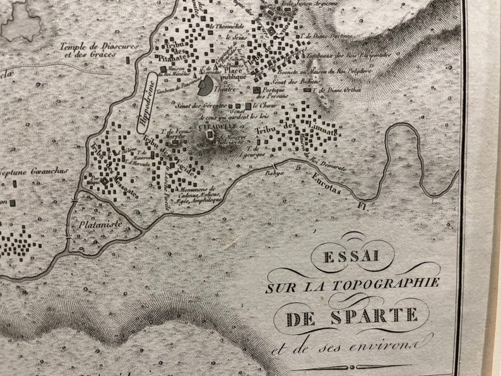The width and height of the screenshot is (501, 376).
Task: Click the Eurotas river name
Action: pyautogui.click(x=327, y=182)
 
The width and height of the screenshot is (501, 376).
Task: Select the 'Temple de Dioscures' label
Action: pyautogui.click(x=92, y=47)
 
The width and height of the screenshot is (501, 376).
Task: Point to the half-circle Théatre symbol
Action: pyautogui.click(x=206, y=86)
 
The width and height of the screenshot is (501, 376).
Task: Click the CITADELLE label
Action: pyautogui.click(x=213, y=126)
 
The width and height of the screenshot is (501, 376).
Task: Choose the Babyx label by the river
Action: pyautogui.click(x=273, y=172)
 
